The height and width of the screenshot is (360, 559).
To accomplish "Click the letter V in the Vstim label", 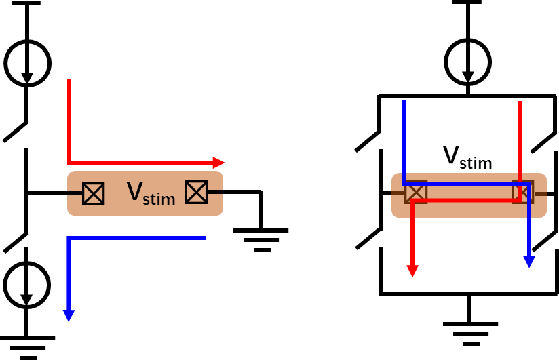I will [134, 192].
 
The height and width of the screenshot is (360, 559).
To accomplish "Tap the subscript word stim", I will [159, 199].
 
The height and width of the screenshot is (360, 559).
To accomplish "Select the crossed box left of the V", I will [94, 194].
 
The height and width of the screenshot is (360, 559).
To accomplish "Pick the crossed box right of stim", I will [196, 193].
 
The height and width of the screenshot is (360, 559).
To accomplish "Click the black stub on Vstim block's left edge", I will [75, 194].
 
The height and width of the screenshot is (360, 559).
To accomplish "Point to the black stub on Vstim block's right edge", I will [215, 193].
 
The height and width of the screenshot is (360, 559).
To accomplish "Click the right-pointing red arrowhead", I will [218, 163].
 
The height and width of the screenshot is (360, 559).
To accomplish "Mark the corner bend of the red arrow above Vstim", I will [69, 163].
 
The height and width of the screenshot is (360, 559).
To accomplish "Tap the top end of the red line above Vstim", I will [69, 80].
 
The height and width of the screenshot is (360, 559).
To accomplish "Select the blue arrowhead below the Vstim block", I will [69, 316].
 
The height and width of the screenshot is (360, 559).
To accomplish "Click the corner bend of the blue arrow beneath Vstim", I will [69, 238].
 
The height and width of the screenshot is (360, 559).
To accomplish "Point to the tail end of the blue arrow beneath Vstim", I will [204, 238].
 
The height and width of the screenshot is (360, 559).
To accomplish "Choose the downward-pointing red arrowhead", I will [412, 271].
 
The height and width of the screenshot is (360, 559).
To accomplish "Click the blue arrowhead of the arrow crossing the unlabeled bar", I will [529, 262].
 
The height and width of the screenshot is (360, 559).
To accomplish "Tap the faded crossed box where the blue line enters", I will [416, 193].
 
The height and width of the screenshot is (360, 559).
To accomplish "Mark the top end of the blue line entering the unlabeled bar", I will [404, 102].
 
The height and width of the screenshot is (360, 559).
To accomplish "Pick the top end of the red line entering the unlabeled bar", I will [520, 102].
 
